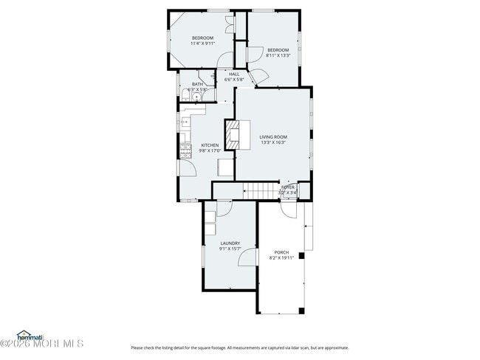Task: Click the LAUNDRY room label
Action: [x=230, y=243]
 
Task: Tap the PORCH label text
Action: [x=281, y=252]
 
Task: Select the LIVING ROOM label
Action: [x=273, y=136]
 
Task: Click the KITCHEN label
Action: [x=210, y=145]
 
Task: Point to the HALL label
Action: [x=234, y=74]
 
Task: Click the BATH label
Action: [x=197, y=84]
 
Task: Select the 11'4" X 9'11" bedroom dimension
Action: [x=203, y=44]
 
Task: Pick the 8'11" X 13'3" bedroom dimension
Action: [x=279, y=55]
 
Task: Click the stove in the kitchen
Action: [x=185, y=150]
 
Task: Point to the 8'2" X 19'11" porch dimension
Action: [x=281, y=257]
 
